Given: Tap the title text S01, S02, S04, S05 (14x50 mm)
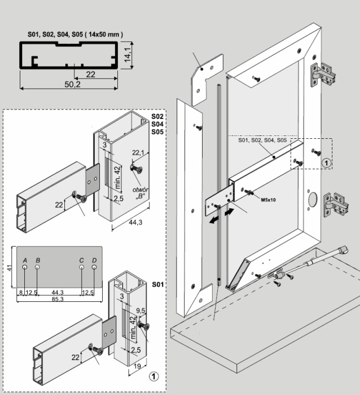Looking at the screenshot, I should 75,35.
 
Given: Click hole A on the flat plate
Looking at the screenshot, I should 25,267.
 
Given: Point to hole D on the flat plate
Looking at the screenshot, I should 94,267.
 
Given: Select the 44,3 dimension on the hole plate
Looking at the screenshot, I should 57,292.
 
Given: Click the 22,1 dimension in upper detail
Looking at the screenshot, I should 138,153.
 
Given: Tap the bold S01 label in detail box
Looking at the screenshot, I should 157,285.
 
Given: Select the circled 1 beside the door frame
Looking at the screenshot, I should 325,163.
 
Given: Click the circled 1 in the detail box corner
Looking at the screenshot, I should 152,375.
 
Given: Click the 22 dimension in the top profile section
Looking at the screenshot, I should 90,74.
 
